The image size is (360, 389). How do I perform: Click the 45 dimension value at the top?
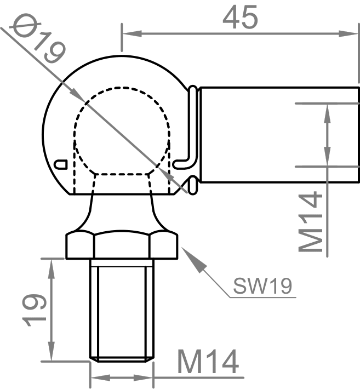click(239, 18)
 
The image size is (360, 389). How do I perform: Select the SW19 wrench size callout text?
click(262, 285)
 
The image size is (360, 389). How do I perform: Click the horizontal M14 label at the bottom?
click(208, 363)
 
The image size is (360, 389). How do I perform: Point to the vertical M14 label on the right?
click(311, 222)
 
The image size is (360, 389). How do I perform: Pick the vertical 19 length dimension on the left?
click(33, 310)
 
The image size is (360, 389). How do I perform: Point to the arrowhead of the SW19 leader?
click(188, 255)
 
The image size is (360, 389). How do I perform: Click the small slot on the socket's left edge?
click(61, 163)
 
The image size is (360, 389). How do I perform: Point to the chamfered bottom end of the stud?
click(122, 359)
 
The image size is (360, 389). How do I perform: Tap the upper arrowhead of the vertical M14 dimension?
click(327, 110)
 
